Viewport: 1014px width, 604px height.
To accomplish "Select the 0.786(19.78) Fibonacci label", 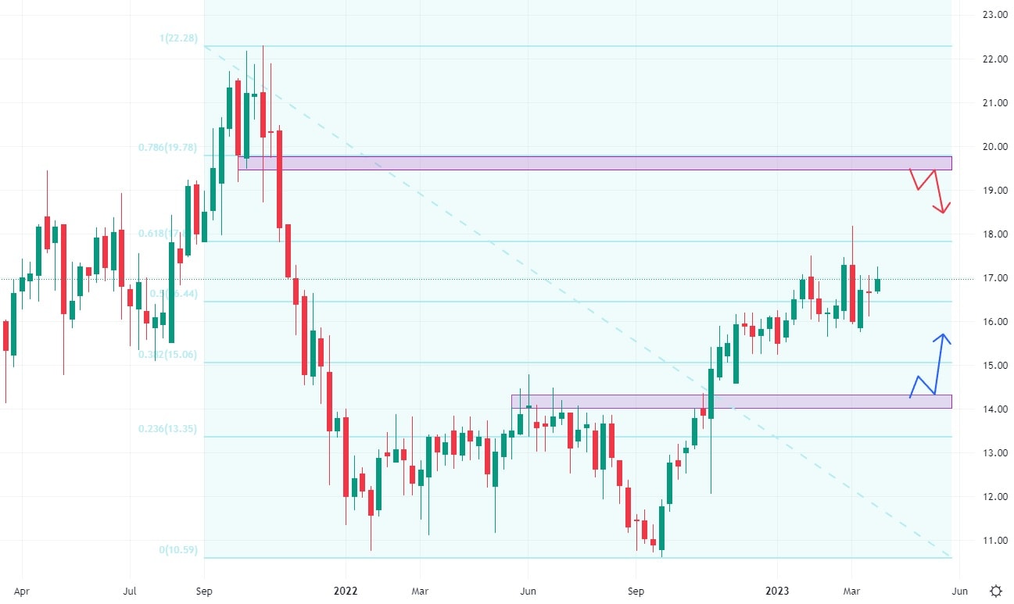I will tap(168, 147).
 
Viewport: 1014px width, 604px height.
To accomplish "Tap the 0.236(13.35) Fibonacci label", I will tap(168, 429).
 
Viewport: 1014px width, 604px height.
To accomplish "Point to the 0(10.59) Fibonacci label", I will tap(178, 550).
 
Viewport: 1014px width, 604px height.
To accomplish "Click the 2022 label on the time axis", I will tap(345, 591).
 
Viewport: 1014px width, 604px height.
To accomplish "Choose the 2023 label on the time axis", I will tap(777, 591).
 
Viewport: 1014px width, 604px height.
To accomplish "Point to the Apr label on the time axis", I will tap(21, 591).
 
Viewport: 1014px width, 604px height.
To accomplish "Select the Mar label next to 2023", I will tap(852, 591).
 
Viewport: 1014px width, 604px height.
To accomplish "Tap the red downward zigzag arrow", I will tap(930, 190).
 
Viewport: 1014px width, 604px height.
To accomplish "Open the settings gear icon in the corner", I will tap(995, 591).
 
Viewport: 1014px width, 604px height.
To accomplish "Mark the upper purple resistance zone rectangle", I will tap(594, 163).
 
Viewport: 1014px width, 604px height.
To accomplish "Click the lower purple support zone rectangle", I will tap(731, 401).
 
